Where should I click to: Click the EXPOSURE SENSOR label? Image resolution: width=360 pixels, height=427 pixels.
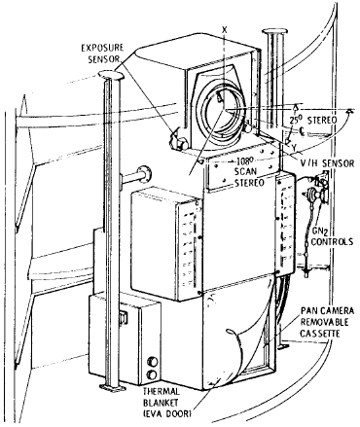pos(102,53)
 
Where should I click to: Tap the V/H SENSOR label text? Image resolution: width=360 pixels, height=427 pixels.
pos(327,163)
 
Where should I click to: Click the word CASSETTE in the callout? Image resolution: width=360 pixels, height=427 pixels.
pos(320,334)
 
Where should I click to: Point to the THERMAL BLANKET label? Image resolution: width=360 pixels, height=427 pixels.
pos(161,397)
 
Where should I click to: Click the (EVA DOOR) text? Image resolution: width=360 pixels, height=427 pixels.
pos(167,413)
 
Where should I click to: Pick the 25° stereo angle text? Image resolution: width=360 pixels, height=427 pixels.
pos(297,121)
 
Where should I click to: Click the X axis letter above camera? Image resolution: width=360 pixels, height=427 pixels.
pos(224,29)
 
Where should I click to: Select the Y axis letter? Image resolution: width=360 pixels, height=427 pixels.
pos(294,148)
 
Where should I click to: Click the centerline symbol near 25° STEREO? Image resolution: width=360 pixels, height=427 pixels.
pos(302,130)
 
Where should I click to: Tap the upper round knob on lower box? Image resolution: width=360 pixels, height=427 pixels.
pos(152,361)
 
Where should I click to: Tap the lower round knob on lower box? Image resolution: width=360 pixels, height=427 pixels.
pos(152,374)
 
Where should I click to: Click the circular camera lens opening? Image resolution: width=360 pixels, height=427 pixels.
pos(222,112)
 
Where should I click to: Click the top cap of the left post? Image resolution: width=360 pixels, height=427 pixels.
pos(111,76)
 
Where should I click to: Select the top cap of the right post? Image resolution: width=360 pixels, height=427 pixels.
pos(275,31)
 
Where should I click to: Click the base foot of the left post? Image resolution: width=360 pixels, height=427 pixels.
pos(112,388)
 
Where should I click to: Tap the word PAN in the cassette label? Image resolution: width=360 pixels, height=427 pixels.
pos(308,311)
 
